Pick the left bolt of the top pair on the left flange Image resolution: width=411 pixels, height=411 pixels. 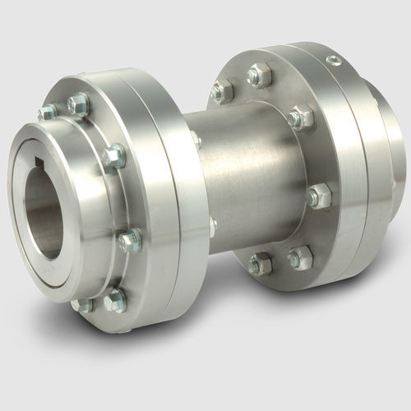coord(48,112)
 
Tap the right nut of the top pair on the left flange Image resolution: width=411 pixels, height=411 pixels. coord(79,103)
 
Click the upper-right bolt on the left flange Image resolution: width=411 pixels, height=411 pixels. coord(114,155)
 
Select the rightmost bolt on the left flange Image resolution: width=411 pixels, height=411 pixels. coord(130,240)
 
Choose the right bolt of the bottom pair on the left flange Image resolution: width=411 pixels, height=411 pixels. coord(115,299)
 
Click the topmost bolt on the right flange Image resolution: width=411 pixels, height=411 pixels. coord(260,76)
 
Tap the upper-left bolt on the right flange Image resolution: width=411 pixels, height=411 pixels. coord(222,90)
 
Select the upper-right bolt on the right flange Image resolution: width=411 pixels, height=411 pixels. coord(302,118)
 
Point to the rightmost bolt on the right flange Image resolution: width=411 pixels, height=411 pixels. coord(318,196)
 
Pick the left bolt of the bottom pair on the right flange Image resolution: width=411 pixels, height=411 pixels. coord(261,264)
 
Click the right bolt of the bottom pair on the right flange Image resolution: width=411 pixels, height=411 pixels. coord(299,257)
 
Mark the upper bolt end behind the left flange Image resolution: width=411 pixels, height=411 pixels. coord(195,140)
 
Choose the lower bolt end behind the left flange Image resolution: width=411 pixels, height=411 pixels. coord(212,225)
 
